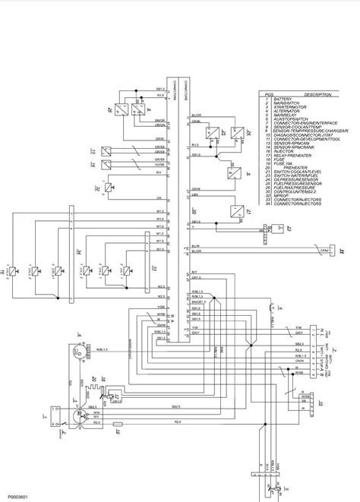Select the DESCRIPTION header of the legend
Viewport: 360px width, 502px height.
click(x=317, y=95)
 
